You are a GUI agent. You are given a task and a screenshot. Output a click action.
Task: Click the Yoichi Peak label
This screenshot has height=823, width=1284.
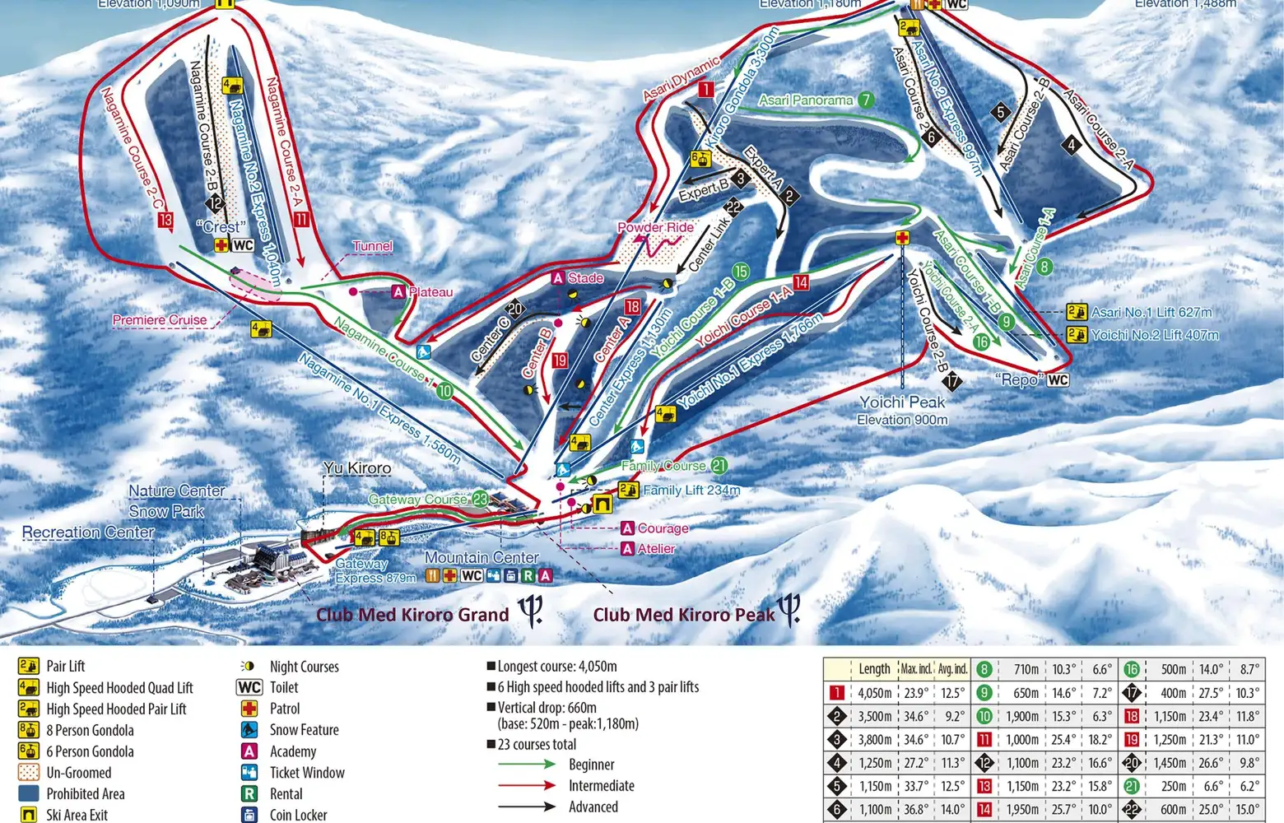point(902,402)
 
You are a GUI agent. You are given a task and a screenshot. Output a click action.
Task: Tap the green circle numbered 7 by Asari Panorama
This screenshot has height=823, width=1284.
point(865,100)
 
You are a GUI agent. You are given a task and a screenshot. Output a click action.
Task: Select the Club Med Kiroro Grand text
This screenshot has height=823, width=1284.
point(412,615)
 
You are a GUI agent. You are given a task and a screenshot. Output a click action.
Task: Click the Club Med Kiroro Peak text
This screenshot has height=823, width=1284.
point(684,615)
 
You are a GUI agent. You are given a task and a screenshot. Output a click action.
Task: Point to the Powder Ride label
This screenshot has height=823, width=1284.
point(655,227)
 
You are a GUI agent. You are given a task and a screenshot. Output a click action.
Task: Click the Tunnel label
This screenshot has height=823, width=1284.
point(372,246)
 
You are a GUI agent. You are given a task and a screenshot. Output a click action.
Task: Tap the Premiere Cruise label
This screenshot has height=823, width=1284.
point(160,320)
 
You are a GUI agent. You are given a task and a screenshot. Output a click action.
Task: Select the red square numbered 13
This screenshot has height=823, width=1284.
point(165,220)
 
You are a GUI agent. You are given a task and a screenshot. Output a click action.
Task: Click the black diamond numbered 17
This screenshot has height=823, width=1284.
point(952,381)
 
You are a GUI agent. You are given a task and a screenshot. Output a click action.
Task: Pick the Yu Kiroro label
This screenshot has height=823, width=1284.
point(357,468)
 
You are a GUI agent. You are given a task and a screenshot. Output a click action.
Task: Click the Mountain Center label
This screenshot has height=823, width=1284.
point(481,557)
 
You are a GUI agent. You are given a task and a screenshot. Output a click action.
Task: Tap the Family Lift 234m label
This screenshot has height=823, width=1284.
point(691,491)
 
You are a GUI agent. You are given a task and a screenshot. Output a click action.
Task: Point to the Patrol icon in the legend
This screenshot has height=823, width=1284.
point(249,709)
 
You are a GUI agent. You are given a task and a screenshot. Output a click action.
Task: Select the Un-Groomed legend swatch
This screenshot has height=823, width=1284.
point(29,773)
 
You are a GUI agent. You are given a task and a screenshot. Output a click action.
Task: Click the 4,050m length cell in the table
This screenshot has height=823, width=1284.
point(874,693)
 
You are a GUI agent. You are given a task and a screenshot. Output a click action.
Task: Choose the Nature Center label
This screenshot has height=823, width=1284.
point(177,491)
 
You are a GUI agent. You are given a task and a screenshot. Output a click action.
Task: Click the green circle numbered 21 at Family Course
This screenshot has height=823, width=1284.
point(719,466)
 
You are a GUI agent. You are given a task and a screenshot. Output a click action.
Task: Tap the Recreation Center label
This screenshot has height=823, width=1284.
point(88,532)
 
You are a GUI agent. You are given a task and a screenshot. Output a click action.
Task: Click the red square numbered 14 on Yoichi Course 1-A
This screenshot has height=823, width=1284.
point(801,282)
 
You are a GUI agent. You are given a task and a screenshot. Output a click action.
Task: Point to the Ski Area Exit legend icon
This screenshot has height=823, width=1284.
point(29,815)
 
